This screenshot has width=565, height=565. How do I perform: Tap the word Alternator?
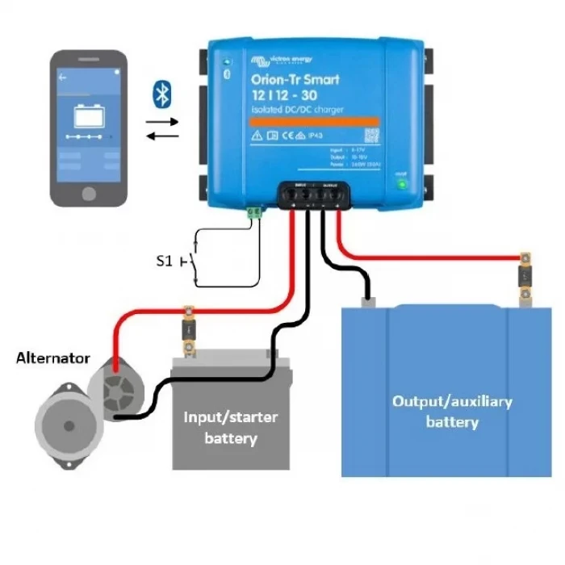click(53, 358)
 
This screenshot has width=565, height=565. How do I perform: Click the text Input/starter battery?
click(231, 428)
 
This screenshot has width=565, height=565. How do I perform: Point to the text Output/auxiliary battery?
click(452, 411)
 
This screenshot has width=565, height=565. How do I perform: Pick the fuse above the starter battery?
click(190, 329)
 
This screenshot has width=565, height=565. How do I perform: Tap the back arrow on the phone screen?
click(62, 78)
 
